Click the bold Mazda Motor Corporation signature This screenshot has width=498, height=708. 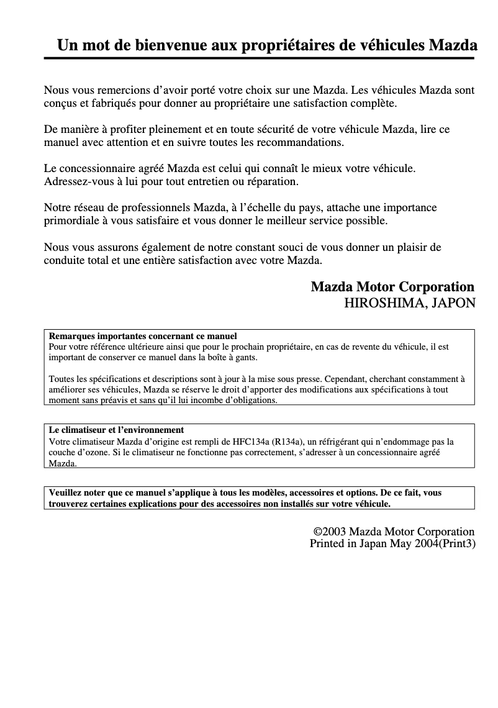point(392,287)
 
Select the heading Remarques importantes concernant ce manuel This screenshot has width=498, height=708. point(143,336)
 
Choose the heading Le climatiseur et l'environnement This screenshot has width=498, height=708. point(116,430)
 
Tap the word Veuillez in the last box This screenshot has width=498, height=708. point(66,492)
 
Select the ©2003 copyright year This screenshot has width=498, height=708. point(330,532)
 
